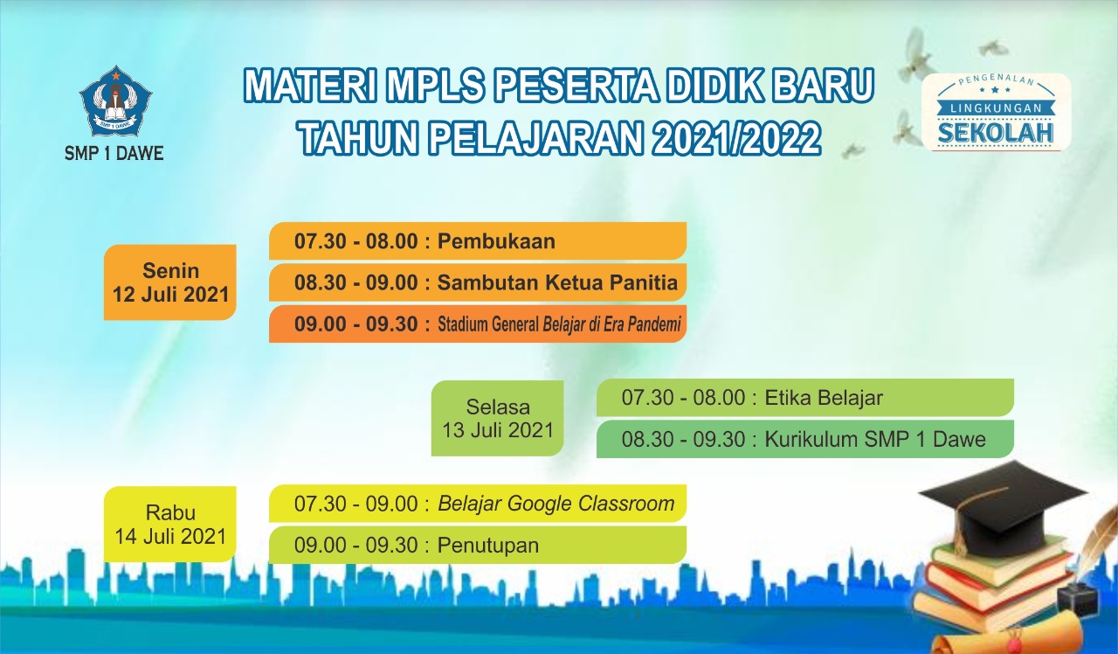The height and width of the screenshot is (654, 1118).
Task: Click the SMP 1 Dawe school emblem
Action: click(115, 101)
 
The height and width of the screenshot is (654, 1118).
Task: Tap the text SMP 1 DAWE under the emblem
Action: click(114, 153)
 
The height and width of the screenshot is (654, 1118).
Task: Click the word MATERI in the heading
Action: click(311, 85)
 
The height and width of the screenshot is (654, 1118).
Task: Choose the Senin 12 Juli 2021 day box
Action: click(170, 282)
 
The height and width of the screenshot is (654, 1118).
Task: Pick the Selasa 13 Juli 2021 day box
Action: click(498, 418)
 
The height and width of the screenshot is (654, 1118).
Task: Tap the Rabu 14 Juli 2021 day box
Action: click(170, 524)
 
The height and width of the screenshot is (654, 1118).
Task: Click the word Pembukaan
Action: click(496, 241)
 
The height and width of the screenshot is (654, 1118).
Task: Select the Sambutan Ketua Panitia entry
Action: click(557, 282)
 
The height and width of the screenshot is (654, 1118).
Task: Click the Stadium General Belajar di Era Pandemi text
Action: click(559, 324)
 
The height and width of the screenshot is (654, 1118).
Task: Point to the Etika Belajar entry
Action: click(824, 398)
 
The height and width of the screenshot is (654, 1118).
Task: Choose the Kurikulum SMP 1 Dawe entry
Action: click(875, 439)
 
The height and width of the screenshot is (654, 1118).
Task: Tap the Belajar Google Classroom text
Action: click(556, 504)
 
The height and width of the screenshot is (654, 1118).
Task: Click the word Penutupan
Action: click(488, 545)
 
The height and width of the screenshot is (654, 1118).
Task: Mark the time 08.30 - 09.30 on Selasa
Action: click(683, 439)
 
